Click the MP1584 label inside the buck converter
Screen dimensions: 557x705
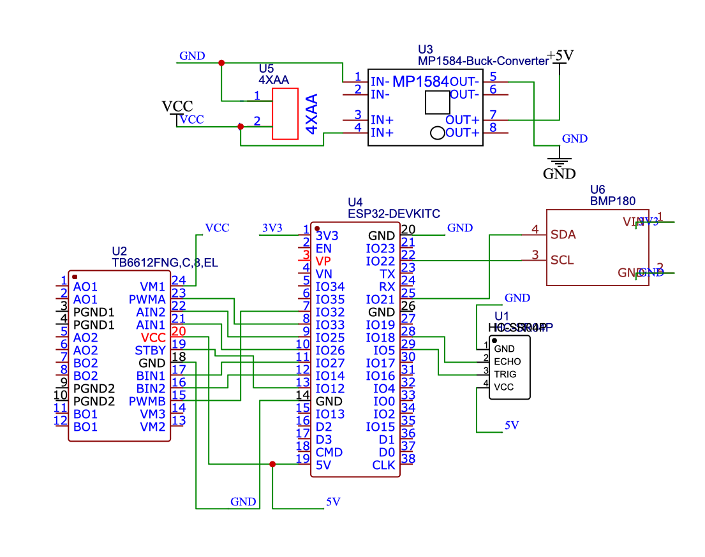(x=420, y=82)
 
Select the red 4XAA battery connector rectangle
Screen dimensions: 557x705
(x=285, y=113)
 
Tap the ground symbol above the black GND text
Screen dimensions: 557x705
(x=559, y=159)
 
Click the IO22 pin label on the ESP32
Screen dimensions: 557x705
(x=381, y=261)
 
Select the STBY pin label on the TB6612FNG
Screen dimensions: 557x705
(x=150, y=351)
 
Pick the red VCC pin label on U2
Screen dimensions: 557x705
(x=153, y=338)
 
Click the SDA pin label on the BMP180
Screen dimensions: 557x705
(x=563, y=235)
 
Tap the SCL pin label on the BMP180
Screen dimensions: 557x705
(x=562, y=260)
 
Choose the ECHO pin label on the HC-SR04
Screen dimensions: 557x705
(x=507, y=361)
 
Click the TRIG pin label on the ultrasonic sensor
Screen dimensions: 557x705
(x=505, y=374)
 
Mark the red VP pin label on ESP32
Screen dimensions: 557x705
(x=323, y=261)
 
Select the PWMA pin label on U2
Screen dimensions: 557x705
(x=147, y=300)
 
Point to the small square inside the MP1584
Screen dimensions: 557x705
(x=438, y=101)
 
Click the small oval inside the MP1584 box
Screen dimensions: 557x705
(x=438, y=133)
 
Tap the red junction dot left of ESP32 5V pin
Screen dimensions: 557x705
(x=272, y=465)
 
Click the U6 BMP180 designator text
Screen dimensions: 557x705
(x=612, y=195)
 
